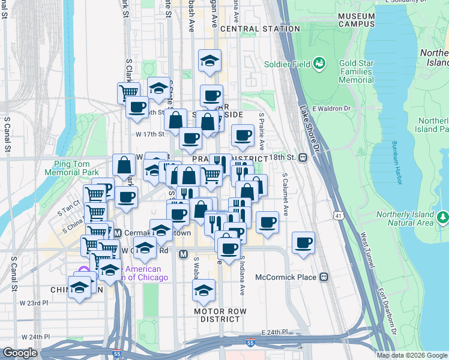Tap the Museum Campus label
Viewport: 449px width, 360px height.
pos(357,20)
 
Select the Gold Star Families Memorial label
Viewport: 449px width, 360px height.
pos(356,71)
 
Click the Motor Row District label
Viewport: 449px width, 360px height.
pos(220,316)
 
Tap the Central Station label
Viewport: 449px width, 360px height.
pos(260,29)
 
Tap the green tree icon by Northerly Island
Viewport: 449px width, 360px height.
pos(444,217)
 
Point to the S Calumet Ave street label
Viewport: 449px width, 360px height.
pos(286,194)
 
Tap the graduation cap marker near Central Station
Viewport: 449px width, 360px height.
pos(209,61)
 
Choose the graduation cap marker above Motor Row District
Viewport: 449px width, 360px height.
pos(203,290)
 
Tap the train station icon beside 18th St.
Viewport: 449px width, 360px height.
pos(303,158)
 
